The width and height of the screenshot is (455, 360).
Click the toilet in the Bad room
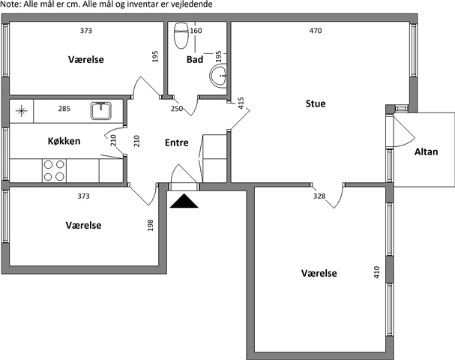[x=181, y=35]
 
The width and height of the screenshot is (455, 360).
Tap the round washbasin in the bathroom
[x=218, y=76]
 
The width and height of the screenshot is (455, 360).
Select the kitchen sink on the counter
[x=100, y=110]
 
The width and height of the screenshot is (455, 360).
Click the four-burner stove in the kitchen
[x=54, y=170]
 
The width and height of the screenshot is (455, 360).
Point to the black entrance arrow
[x=184, y=201]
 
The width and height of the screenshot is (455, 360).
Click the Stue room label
[x=316, y=103]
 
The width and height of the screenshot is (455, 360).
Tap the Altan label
[x=426, y=151]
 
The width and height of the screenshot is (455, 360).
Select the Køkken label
[x=64, y=141]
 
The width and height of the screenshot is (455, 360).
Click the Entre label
[x=177, y=142]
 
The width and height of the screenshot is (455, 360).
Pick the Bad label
[x=195, y=59]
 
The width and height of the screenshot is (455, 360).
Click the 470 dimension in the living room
[x=316, y=31]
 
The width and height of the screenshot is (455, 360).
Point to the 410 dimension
[x=376, y=272]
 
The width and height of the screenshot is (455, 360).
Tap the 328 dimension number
[x=319, y=196]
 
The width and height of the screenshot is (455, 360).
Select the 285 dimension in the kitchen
[x=64, y=109]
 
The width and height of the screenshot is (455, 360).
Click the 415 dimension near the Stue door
[x=241, y=103]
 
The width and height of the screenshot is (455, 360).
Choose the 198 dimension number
[x=151, y=225]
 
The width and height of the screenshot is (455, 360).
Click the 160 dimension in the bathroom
[x=196, y=31]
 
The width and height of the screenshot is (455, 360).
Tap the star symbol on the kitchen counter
[x=22, y=111]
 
